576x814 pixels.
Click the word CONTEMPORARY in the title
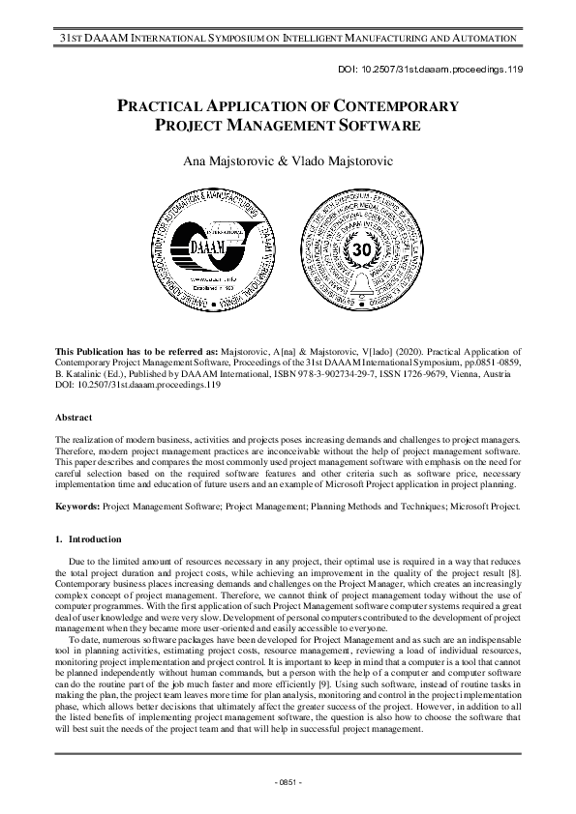pos(382,104)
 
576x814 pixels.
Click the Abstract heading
pos(75,418)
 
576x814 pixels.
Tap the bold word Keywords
pos(77,505)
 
